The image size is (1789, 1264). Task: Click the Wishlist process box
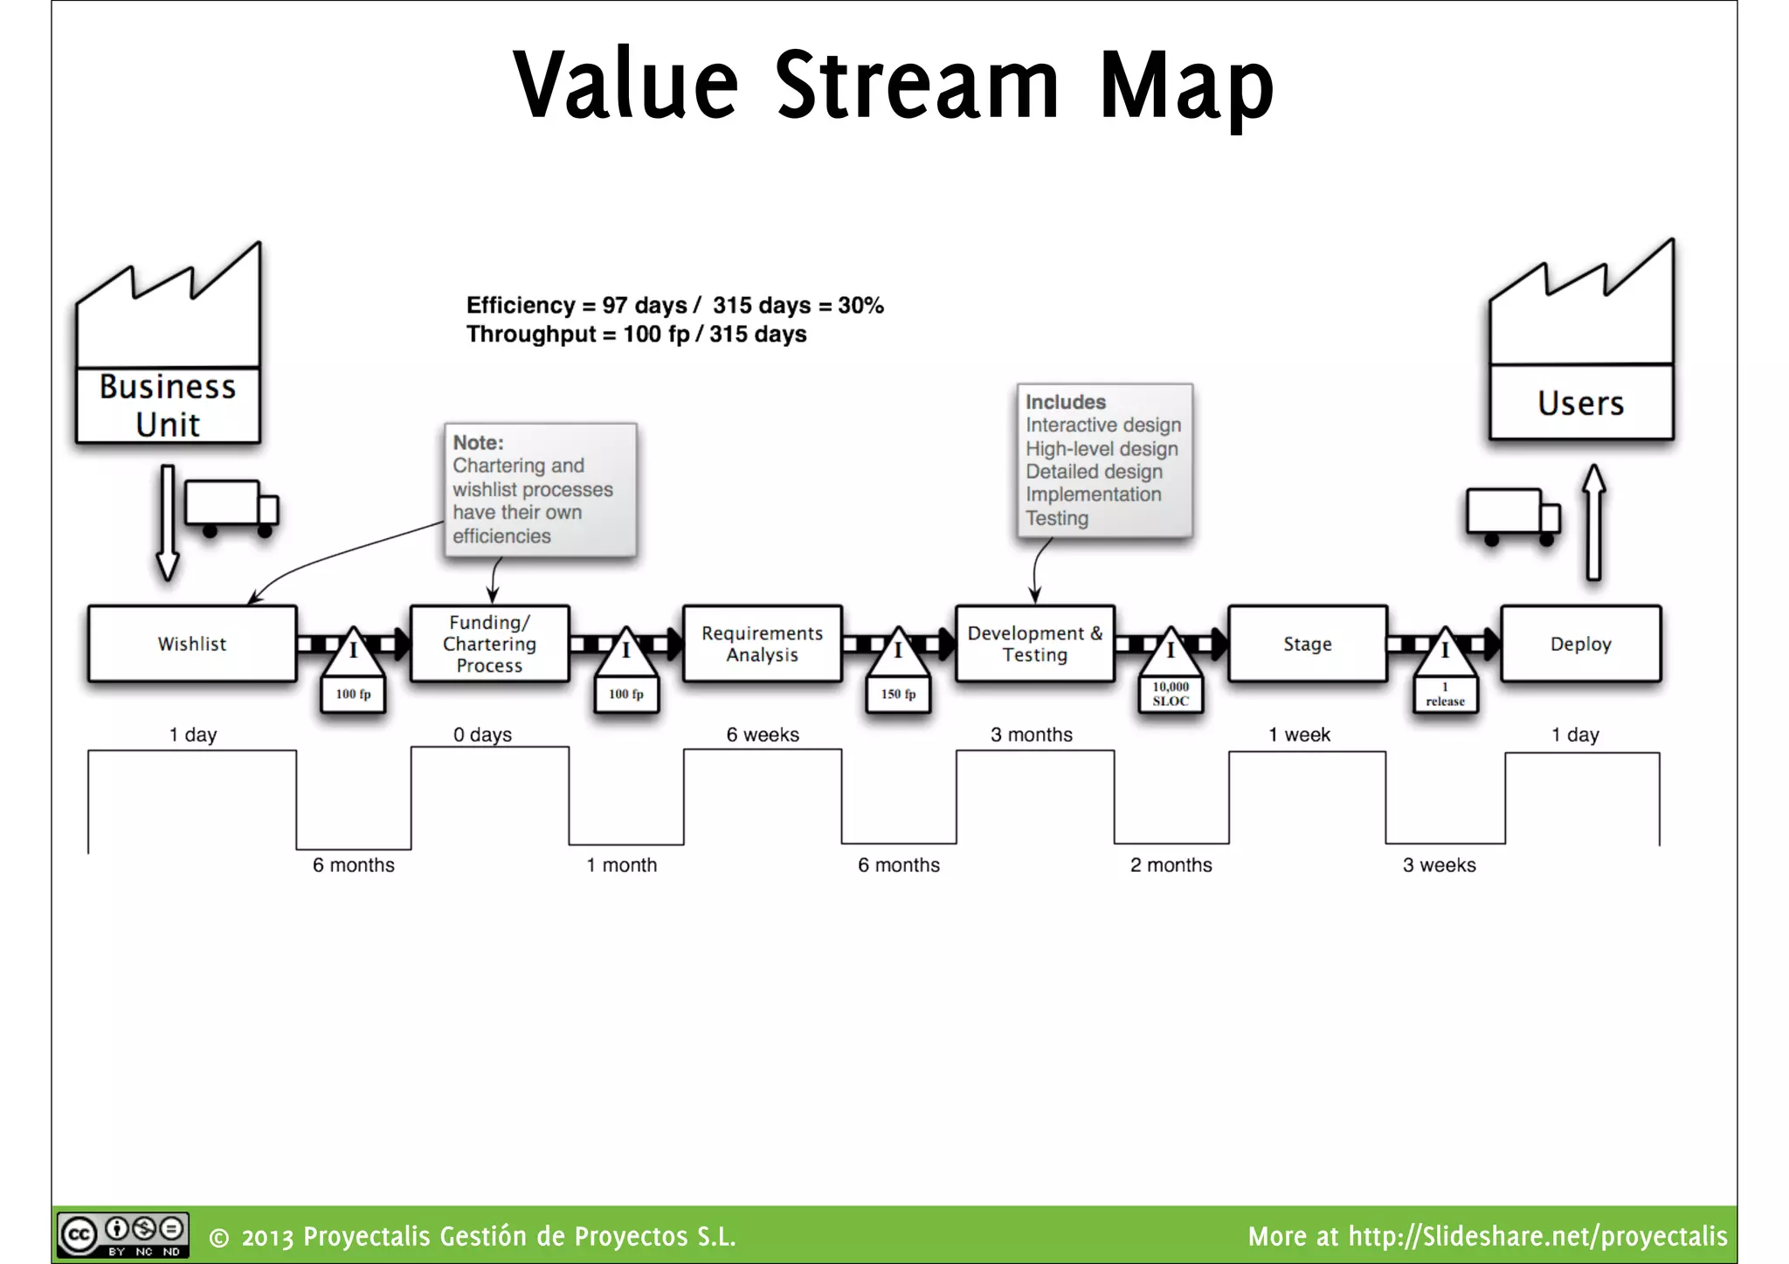click(191, 644)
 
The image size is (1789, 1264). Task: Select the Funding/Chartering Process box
click(489, 644)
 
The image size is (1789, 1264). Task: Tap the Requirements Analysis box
click(762, 644)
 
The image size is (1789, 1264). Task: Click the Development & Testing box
click(1034, 644)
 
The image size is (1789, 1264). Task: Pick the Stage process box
click(1307, 644)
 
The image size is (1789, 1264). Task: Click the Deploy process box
click(1580, 644)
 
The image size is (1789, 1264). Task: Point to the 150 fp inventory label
click(898, 694)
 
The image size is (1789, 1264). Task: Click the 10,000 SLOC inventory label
click(1171, 694)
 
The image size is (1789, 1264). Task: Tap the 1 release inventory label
click(1445, 695)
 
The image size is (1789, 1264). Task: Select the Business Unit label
click(168, 405)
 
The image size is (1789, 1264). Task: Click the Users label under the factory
click(1580, 404)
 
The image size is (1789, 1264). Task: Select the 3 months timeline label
click(1031, 735)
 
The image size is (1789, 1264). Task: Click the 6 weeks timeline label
click(763, 735)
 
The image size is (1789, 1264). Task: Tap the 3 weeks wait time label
click(1439, 865)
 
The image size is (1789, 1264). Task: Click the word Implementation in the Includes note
click(1093, 494)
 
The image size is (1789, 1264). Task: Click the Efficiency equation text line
click(674, 306)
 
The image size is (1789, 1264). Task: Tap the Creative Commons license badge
click(122, 1235)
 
